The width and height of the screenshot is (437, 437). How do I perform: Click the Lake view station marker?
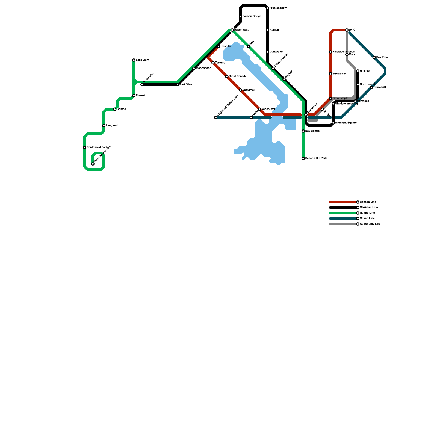click(134, 60)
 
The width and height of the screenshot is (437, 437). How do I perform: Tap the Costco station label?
click(121, 109)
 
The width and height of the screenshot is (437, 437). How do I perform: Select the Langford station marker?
click(104, 126)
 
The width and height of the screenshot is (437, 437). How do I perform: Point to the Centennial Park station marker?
click(85, 147)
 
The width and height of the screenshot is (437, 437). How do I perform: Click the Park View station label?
click(186, 85)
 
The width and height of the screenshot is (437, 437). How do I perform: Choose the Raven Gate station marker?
click(232, 30)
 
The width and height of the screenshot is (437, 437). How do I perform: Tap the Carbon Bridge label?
click(252, 16)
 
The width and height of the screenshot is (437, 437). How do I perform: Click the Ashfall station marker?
click(268, 30)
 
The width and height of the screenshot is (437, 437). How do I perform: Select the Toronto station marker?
click(213, 63)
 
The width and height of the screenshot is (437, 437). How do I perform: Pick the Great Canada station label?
click(238, 76)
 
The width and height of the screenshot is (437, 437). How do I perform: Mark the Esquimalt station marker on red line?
click(240, 90)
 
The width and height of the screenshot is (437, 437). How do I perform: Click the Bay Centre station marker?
click(303, 131)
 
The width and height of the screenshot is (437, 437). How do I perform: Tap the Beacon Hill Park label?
click(316, 158)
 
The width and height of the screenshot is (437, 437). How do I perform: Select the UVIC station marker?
click(347, 30)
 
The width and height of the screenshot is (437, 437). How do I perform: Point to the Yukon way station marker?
click(330, 74)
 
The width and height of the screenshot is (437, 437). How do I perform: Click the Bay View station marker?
click(374, 57)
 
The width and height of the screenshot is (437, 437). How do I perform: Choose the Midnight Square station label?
click(346, 123)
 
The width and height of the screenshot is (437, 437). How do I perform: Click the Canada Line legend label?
click(368, 202)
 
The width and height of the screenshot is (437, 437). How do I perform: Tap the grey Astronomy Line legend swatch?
click(343, 224)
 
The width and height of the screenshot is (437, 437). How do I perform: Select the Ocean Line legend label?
click(367, 218)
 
